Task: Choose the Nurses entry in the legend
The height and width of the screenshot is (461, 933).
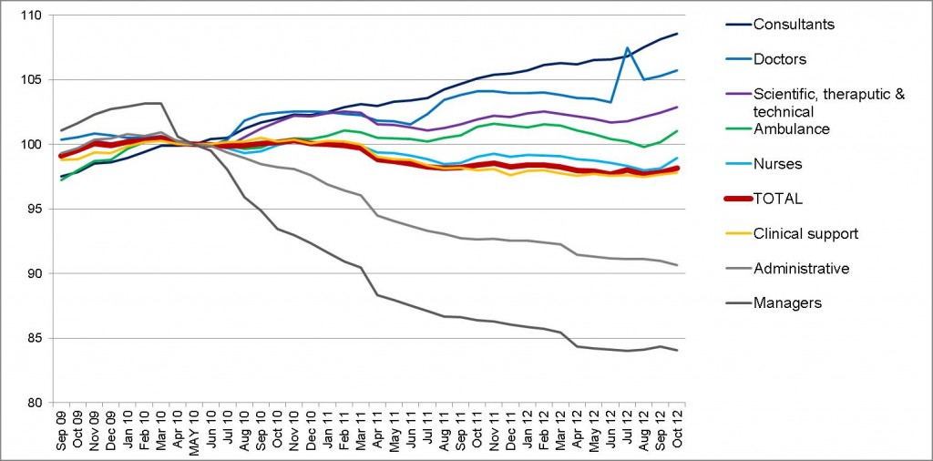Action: [783, 164]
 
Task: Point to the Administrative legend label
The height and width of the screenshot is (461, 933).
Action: [802, 268]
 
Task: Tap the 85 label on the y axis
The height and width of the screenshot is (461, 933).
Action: [33, 338]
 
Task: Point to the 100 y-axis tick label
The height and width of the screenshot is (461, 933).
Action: [29, 145]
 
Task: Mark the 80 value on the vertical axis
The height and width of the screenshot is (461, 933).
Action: [33, 403]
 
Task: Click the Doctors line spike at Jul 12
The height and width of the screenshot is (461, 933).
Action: [627, 47]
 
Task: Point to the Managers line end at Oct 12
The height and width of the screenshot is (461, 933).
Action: [677, 350]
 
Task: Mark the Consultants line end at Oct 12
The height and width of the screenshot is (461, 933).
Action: [677, 34]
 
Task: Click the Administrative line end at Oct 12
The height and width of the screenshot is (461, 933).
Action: [677, 265]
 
